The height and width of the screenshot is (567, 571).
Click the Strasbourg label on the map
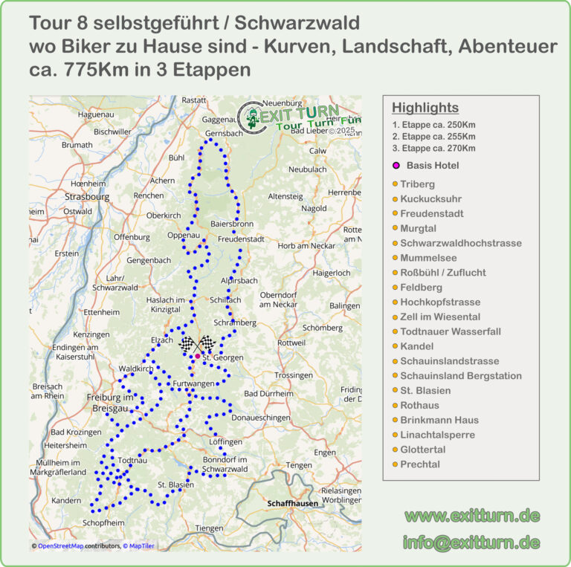click(87, 197)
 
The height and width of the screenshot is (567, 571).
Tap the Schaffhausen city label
click(293, 503)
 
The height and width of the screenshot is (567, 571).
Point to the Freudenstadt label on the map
click(241, 239)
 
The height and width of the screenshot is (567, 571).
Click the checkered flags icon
click(198, 344)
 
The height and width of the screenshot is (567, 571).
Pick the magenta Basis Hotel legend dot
click(396, 165)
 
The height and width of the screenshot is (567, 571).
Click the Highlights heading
click(425, 108)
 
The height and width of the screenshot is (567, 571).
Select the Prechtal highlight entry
click(420, 464)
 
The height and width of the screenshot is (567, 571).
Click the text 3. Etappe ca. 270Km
click(433, 149)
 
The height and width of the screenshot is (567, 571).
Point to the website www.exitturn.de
click(472, 516)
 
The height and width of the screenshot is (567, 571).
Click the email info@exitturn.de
click(471, 542)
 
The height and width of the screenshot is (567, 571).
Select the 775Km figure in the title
click(82, 69)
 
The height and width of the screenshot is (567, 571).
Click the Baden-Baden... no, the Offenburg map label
click(132, 237)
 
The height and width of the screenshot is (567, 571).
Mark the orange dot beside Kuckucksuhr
click(396, 199)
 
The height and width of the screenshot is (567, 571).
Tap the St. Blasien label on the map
click(175, 485)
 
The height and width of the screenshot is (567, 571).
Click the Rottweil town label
click(291, 343)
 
